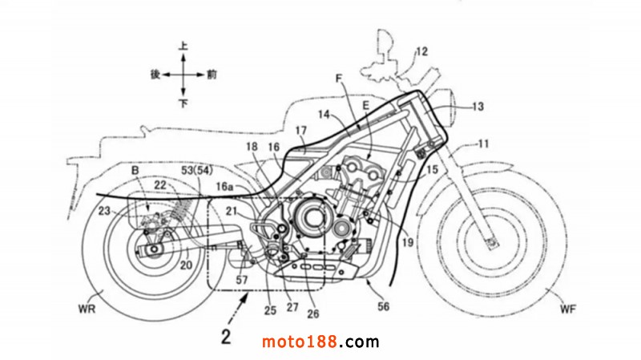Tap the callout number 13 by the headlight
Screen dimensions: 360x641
[x=478, y=105]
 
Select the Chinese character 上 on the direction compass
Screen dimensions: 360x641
[x=183, y=47]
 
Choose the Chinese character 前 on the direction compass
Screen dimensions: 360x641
[x=211, y=74]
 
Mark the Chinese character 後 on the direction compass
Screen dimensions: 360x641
[x=155, y=74]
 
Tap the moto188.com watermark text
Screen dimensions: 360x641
[x=320, y=342]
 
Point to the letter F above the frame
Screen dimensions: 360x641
[x=339, y=79]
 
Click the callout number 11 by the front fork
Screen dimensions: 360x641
[x=482, y=144]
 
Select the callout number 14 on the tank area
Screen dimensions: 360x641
[x=324, y=115]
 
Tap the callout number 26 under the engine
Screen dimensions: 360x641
[x=312, y=304]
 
